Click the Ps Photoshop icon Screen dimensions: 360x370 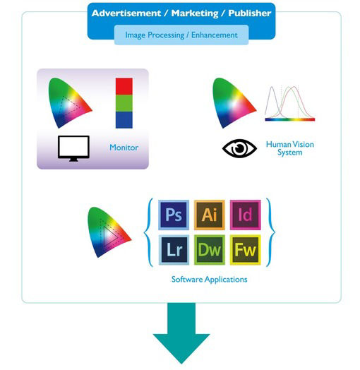click(x=174, y=215)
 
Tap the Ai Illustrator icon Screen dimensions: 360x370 click(x=210, y=215)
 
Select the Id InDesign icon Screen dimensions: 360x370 click(x=246, y=215)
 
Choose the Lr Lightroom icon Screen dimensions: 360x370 click(x=174, y=250)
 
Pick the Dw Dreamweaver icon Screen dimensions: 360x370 click(x=210, y=250)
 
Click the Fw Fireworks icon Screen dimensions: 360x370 click(x=246, y=250)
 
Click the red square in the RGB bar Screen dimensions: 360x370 click(x=124, y=86)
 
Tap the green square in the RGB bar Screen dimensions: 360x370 click(x=124, y=103)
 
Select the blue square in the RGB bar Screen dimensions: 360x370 click(x=124, y=120)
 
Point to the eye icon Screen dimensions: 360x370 click(x=239, y=148)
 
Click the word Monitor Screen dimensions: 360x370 click(x=124, y=148)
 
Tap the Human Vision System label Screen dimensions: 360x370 click(x=290, y=148)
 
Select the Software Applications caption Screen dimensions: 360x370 click(x=209, y=280)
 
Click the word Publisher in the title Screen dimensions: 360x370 click(x=250, y=13)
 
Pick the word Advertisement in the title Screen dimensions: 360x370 click(x=126, y=13)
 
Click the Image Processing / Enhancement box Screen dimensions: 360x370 click(x=181, y=35)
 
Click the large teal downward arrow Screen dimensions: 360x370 click(x=181, y=333)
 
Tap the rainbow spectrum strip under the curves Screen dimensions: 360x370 click(x=290, y=119)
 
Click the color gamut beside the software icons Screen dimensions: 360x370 click(x=109, y=232)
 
